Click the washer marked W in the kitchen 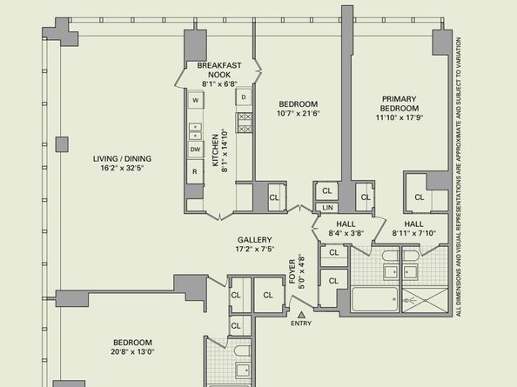point(196,100)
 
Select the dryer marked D point(244,97)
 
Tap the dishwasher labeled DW point(195,150)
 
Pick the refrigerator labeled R point(195,171)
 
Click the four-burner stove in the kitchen point(245,123)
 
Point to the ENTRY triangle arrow point(301,315)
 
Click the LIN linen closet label point(327,208)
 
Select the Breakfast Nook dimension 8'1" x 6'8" point(219,84)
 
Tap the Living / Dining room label point(122,159)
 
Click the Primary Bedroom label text point(399,103)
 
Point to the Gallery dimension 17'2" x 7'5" point(254,249)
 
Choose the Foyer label point(292,271)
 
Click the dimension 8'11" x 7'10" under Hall point(413,233)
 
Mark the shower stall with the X point(425,300)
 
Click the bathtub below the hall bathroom point(374,299)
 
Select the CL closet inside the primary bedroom point(419,197)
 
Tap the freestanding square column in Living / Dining point(62,144)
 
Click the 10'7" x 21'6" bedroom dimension point(299,114)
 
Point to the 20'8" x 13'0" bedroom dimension point(132,351)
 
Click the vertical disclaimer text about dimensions point(459,177)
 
